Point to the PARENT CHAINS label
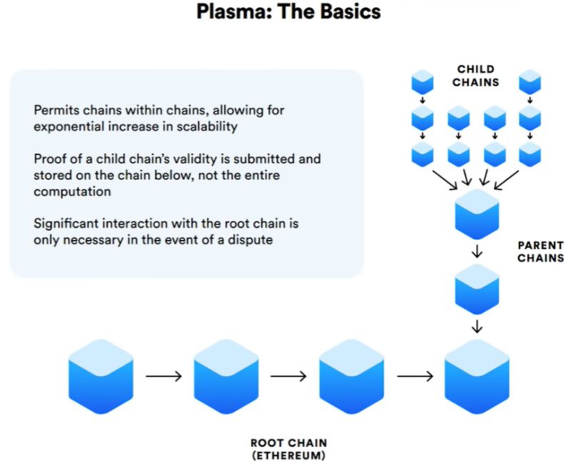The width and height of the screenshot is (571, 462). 540,251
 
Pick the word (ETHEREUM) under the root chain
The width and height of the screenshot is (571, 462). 288,455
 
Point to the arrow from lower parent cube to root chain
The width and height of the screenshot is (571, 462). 477,327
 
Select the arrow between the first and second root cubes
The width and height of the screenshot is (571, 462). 163,376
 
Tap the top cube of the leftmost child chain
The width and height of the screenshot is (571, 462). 423,81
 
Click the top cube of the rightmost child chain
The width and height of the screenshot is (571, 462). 530,81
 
